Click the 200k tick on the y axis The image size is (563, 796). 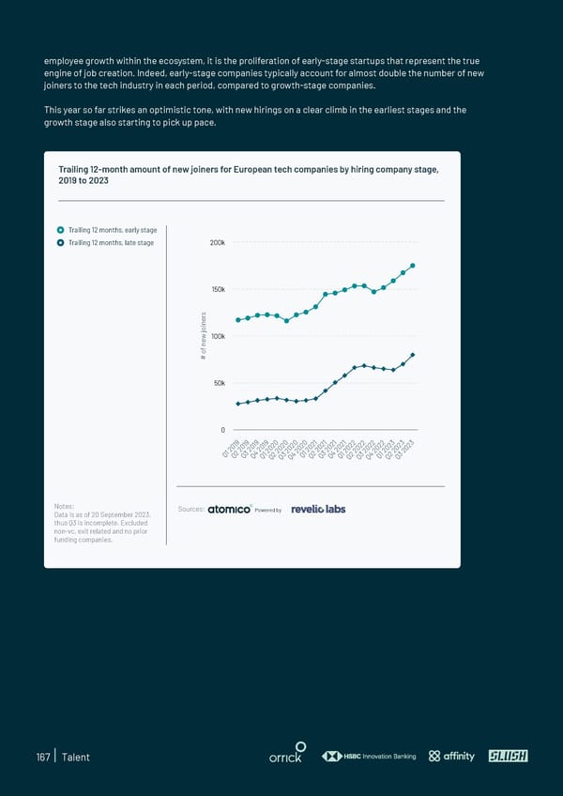[x=216, y=243]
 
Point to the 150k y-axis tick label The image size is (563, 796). [x=216, y=289]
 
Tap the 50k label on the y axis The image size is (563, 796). [x=218, y=383]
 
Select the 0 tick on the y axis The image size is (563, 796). [x=222, y=430]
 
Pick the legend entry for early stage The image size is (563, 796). [x=106, y=230]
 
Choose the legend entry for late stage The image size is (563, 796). [x=105, y=243]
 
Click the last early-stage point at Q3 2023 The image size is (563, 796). [x=413, y=266]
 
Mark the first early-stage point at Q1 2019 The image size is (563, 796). [x=238, y=320]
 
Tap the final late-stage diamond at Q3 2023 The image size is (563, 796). [x=413, y=355]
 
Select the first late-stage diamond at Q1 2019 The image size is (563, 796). [x=238, y=404]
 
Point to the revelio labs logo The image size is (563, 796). [x=318, y=510]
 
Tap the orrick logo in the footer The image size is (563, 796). [x=285, y=757]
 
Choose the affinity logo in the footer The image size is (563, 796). [x=452, y=757]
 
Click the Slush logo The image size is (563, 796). [x=508, y=757]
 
